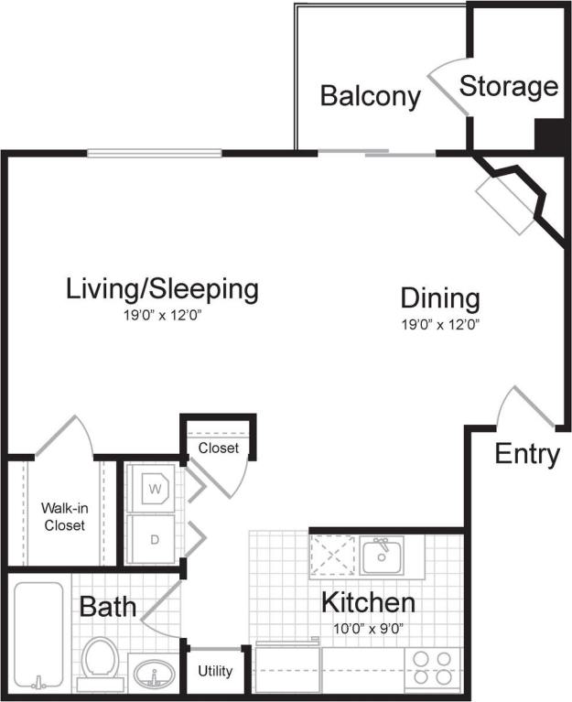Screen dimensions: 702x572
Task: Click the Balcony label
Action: [x=370, y=96]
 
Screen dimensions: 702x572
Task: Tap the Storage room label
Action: [x=508, y=87]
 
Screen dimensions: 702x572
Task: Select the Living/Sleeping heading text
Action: [x=162, y=290]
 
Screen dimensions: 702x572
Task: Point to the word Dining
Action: [x=440, y=298]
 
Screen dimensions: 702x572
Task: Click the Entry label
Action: [x=527, y=454]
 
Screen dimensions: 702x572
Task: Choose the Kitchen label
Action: [x=368, y=603]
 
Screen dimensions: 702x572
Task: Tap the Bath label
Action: [x=107, y=606]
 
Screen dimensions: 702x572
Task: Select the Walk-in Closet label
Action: [x=63, y=517]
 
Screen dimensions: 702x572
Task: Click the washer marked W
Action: [x=154, y=487]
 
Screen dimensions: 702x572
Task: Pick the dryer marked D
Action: [x=155, y=539]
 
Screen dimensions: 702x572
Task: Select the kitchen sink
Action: [x=379, y=556]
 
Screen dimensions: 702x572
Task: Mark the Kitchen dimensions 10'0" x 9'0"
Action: [x=368, y=629]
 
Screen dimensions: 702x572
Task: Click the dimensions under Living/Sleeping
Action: [x=162, y=316]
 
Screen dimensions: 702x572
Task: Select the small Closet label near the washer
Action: [x=218, y=448]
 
